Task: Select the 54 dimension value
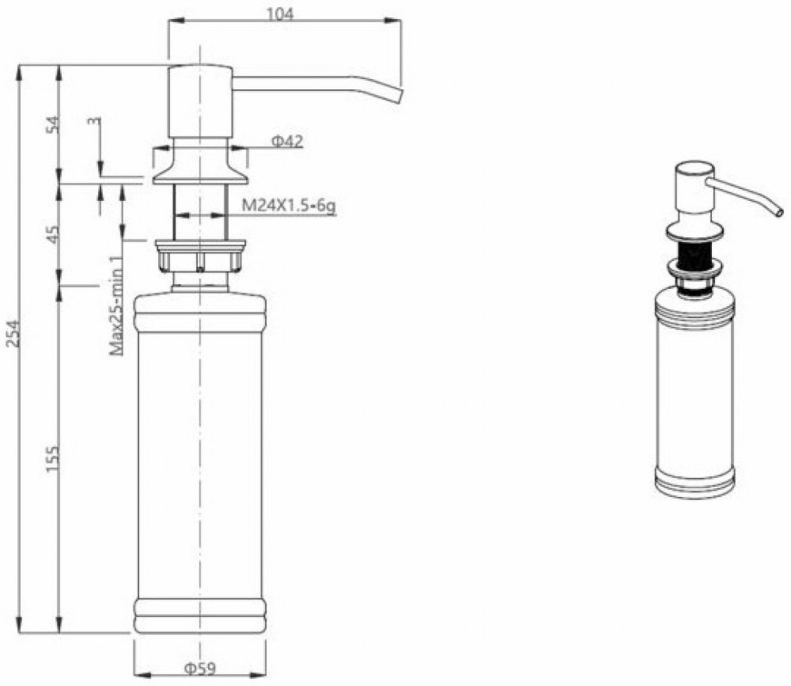[x=52, y=124]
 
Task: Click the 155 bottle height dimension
[x=52, y=458]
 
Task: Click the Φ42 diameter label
[x=287, y=141]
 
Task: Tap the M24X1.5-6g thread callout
[x=289, y=206]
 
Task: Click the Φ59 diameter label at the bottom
[x=200, y=669]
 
